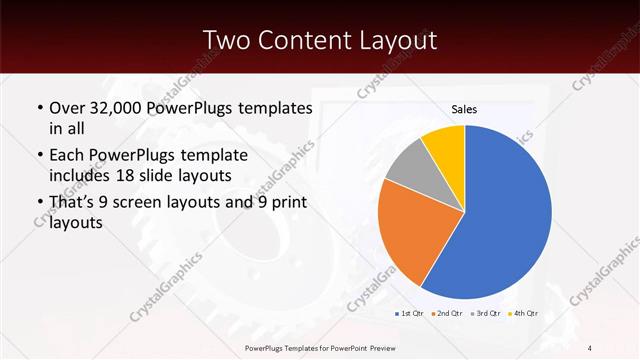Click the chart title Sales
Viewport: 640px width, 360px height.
[x=464, y=109]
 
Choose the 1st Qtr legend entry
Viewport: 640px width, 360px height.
[x=411, y=314]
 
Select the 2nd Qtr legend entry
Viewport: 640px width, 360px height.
[x=446, y=314]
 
